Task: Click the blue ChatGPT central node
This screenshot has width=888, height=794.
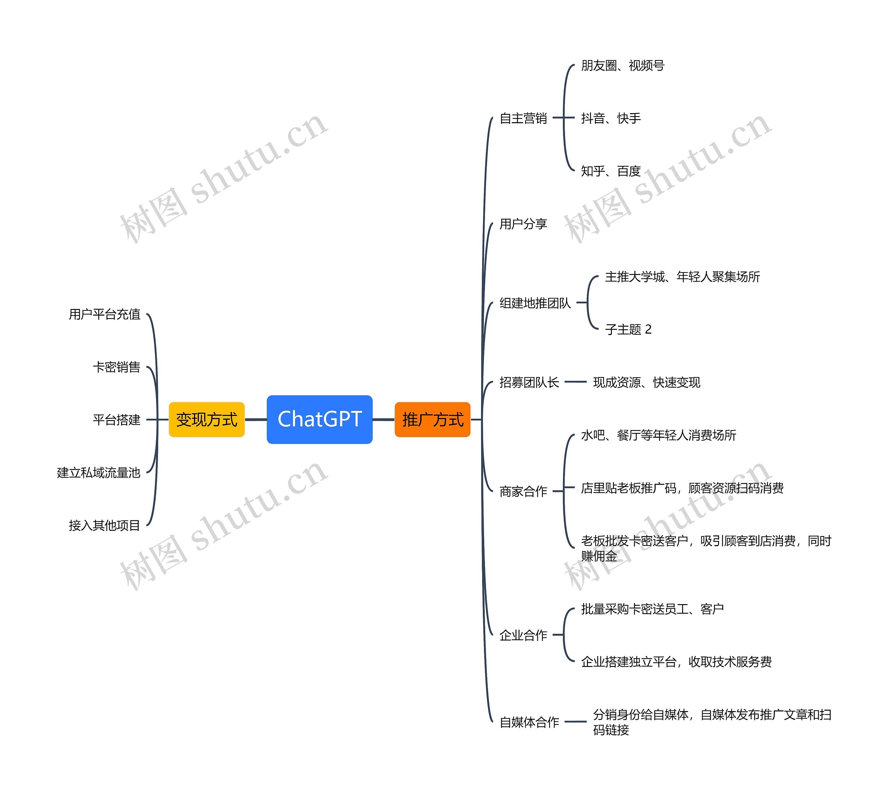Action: tap(319, 419)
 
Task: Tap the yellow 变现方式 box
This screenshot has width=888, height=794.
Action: tap(207, 420)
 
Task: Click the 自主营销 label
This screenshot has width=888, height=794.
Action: tap(523, 118)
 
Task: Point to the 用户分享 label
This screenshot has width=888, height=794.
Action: tap(523, 224)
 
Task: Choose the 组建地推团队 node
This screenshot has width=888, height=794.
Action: tap(535, 303)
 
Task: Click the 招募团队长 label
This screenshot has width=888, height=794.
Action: tap(529, 382)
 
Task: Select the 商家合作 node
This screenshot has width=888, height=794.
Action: tap(523, 491)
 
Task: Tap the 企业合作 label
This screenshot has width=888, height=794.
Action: tap(523, 635)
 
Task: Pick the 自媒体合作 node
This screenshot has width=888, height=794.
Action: tap(529, 722)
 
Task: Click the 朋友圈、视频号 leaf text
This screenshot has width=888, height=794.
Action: tap(623, 65)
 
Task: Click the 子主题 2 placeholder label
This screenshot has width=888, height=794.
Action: tap(628, 329)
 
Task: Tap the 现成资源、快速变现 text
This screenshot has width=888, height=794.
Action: tap(646, 382)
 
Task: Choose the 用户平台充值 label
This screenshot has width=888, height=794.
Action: tap(105, 314)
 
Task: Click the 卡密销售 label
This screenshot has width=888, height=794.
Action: tap(117, 367)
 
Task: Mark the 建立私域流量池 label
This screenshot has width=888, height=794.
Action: tap(99, 473)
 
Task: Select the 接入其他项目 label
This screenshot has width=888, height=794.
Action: tap(105, 525)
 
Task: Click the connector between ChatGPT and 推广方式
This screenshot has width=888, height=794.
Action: tap(383, 420)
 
